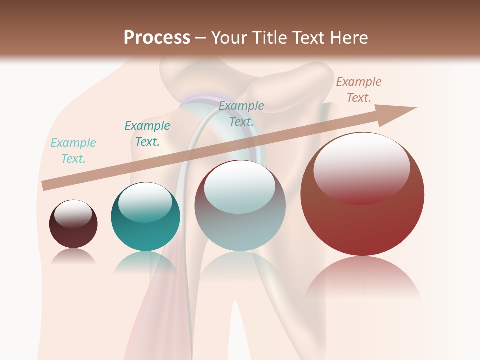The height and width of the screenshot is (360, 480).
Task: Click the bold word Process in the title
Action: click(x=157, y=37)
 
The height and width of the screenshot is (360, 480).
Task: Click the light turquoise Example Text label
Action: click(x=73, y=151)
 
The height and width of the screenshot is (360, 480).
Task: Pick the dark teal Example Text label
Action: click(x=147, y=134)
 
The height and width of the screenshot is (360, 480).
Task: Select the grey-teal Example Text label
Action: click(x=241, y=113)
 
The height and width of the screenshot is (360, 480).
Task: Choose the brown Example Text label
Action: click(x=359, y=90)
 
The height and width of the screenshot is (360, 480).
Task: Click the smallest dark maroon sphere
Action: click(x=73, y=231)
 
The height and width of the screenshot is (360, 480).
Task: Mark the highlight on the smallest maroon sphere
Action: click(x=73, y=213)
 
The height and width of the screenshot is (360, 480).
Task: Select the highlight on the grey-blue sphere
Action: click(x=240, y=186)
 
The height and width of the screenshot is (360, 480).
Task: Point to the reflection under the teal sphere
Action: click(x=145, y=262)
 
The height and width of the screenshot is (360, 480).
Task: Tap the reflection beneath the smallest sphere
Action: click(x=73, y=256)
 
